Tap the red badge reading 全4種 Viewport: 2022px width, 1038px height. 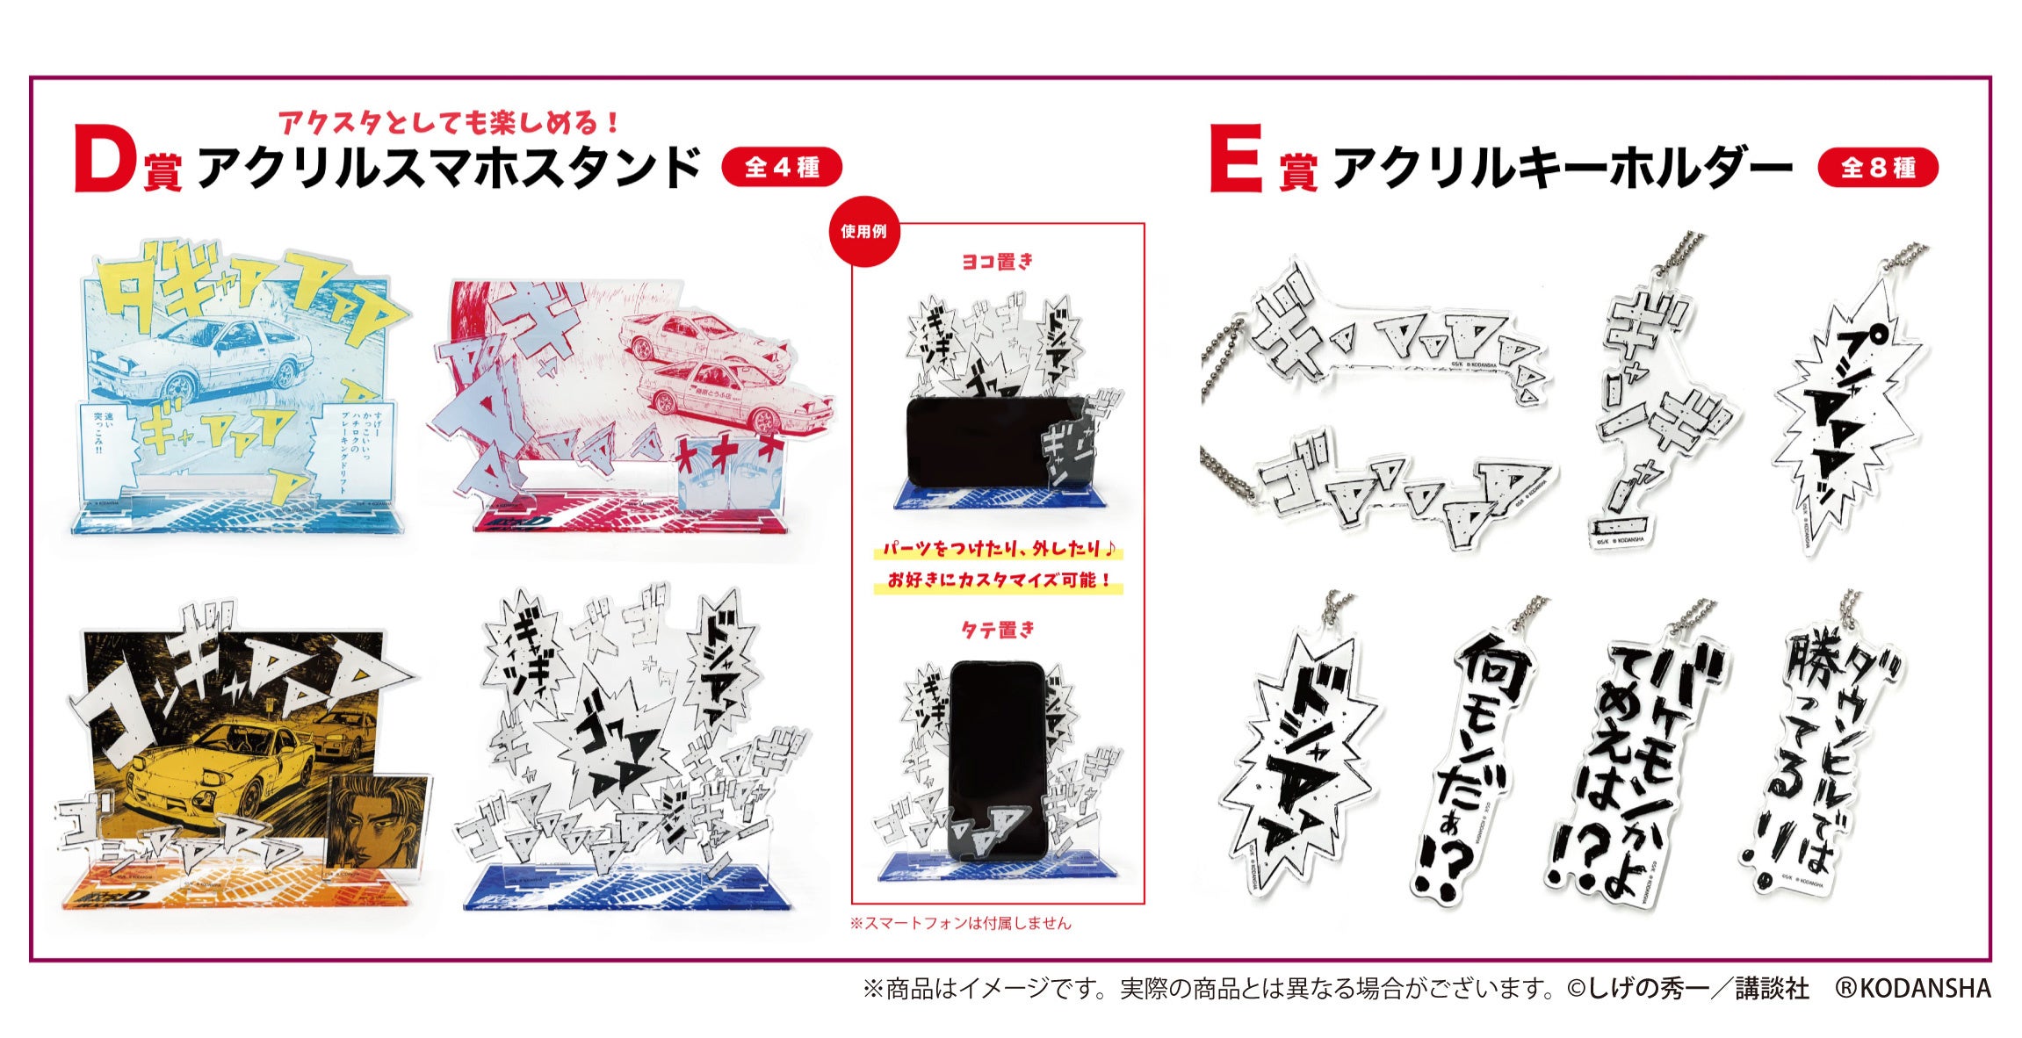781,167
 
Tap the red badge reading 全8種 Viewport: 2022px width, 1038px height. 1877,167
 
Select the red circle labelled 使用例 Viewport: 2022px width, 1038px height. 863,231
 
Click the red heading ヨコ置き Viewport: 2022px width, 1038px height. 998,262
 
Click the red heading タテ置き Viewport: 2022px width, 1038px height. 998,630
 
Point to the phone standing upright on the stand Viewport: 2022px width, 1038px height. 997,760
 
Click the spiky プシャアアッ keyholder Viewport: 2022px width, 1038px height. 1849,413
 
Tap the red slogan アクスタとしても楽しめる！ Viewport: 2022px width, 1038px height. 450,122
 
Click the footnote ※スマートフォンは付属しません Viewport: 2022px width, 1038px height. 961,923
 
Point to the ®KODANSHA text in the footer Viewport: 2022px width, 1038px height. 1913,989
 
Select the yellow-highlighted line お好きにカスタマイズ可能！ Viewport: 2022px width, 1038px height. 998,580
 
